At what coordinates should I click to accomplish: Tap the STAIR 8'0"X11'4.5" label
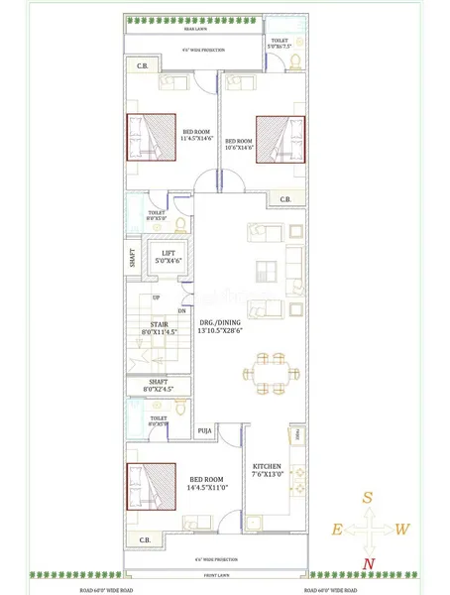click(x=159, y=327)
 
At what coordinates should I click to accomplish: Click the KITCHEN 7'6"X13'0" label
click(x=268, y=470)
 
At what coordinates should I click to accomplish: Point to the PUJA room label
click(x=205, y=431)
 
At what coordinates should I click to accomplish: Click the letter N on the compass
click(x=370, y=564)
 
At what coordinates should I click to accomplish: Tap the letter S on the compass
click(x=367, y=498)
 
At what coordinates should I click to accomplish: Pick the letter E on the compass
click(x=337, y=531)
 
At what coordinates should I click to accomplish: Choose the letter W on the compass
click(x=401, y=530)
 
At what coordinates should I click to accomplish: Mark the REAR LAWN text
click(x=208, y=30)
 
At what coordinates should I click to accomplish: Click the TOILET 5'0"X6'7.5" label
click(x=281, y=43)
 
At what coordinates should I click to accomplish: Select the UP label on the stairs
click(x=156, y=298)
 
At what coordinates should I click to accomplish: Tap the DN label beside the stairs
click(x=181, y=310)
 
